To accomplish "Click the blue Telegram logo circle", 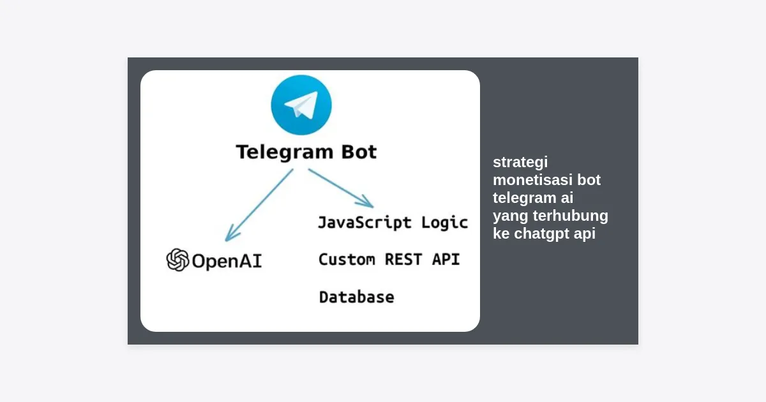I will pos(301,105).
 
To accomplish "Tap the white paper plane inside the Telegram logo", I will pos(302,105).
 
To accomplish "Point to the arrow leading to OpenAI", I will pos(259,205).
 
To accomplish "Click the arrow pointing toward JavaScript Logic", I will pos(341,188).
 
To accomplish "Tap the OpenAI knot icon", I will pos(177,260).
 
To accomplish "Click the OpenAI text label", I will pos(227,261).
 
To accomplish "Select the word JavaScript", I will pos(364,223).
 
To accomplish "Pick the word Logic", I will pos(444,223).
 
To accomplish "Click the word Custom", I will pos(347,260).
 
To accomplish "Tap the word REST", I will pos(403,260).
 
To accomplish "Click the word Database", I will pos(356,297).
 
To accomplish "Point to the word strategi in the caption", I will pos(520,163).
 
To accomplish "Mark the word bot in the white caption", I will pos(589,180).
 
